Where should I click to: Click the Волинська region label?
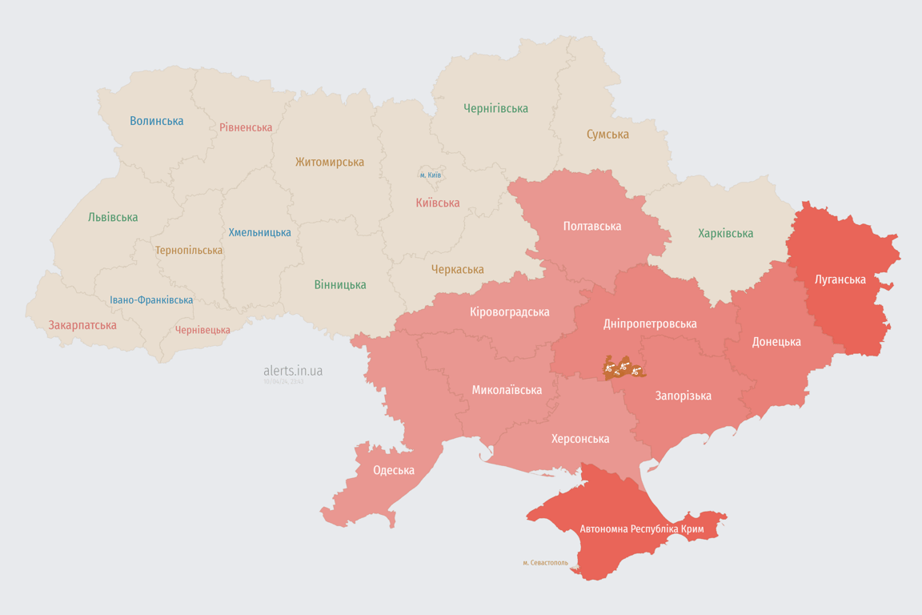point(157,121)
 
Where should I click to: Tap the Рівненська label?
point(246,127)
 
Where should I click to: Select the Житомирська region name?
point(329,162)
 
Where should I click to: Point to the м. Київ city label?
point(431,175)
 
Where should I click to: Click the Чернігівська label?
point(495,108)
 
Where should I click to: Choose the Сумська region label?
point(607,134)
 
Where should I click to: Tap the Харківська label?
point(725,233)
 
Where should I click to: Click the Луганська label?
point(840,279)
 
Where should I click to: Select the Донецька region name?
point(776,341)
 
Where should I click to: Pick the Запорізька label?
point(683,396)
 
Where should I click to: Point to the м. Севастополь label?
point(545,563)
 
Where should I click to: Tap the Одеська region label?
point(394,470)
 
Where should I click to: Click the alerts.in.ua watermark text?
point(293,371)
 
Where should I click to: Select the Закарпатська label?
point(82,325)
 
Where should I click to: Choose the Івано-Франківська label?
point(151,300)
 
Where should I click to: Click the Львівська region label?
point(113,217)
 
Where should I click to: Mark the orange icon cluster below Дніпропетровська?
point(623,368)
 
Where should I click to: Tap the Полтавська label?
point(591,226)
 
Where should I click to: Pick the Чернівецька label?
point(202,330)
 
